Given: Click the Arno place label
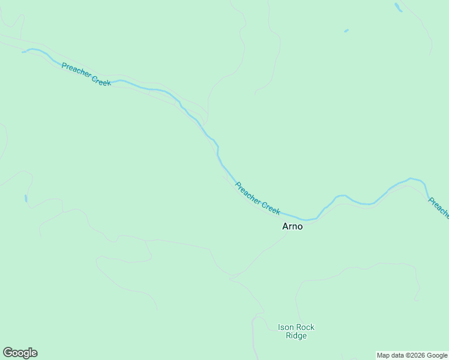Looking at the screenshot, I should tap(292, 227).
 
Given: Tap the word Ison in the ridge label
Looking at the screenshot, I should tap(285, 328).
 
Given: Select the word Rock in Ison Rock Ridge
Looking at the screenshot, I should tap(304, 328).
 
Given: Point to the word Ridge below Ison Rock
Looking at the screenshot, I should tap(296, 336).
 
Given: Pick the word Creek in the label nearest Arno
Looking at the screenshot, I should tap(271, 208).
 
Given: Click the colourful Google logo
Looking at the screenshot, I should tap(20, 353).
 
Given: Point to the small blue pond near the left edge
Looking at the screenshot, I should tap(26, 198).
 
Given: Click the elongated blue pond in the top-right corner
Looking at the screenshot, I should tap(398, 7).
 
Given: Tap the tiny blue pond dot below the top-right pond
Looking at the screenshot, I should tap(346, 31).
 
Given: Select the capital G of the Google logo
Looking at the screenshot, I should tap(8, 353).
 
